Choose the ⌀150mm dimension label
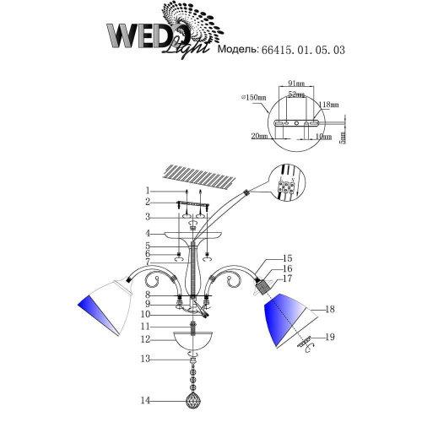coord(252,98)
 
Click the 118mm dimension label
coord(329,105)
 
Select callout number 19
coord(331,338)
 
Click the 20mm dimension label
coord(258,135)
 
